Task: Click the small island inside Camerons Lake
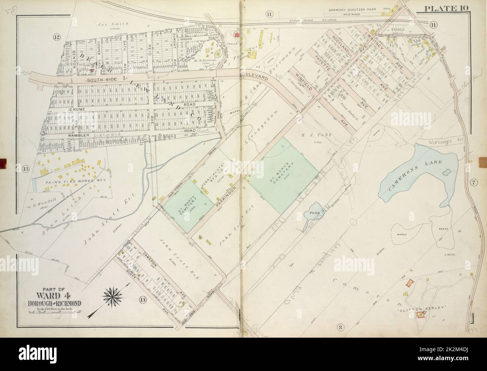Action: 446,173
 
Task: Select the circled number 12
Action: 57,37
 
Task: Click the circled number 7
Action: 474,182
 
